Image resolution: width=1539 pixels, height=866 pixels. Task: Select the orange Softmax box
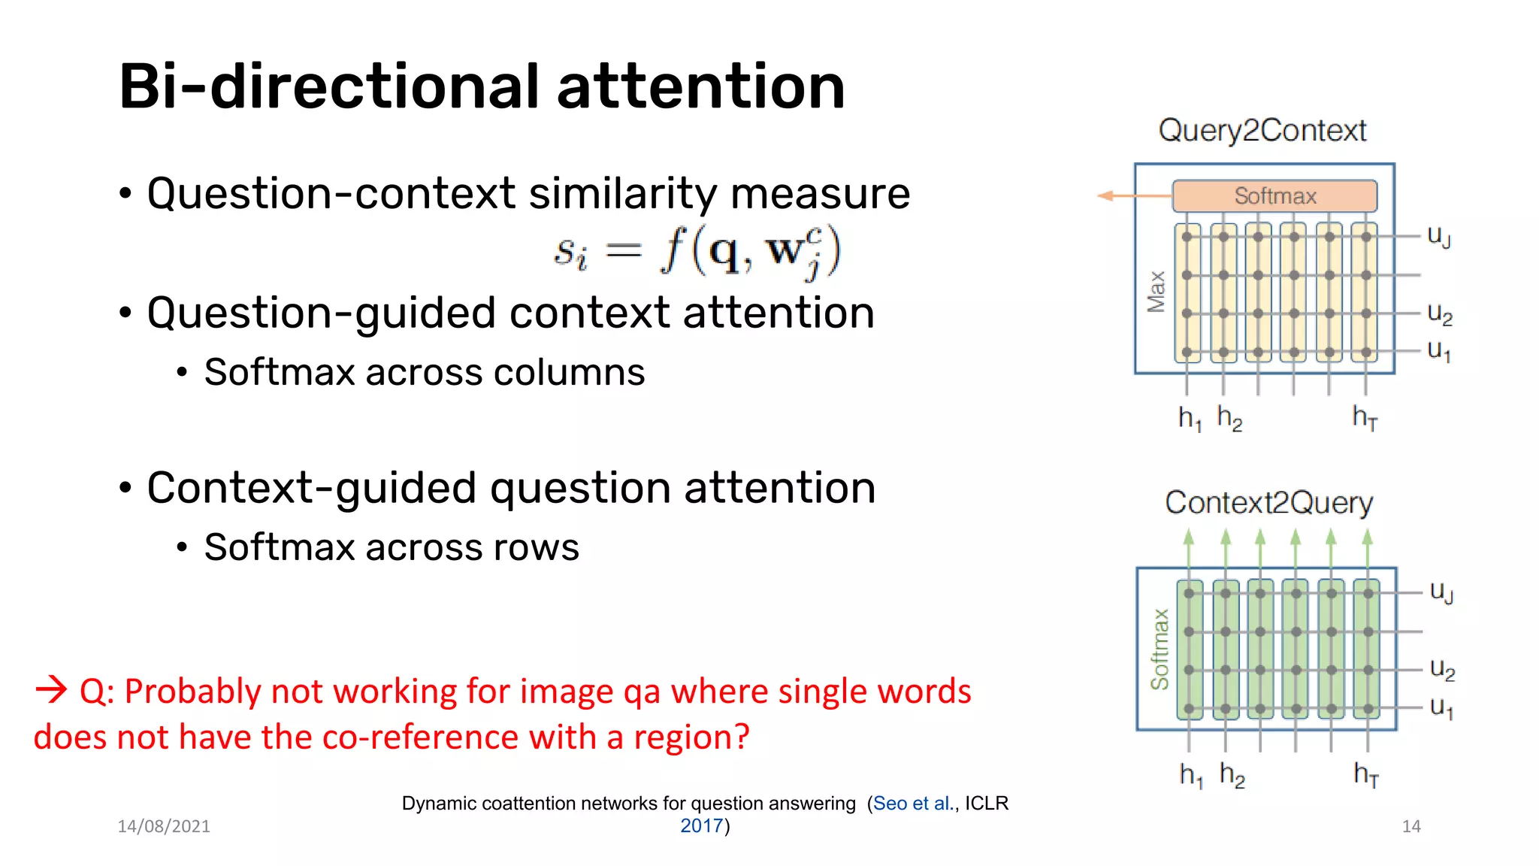1274,196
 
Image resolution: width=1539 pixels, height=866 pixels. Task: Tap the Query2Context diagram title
1262,131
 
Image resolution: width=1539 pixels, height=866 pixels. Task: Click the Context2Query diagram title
1268,503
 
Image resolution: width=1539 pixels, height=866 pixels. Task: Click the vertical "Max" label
1156,292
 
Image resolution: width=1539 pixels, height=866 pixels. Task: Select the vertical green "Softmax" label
1160,649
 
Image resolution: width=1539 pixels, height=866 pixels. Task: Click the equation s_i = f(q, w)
697,251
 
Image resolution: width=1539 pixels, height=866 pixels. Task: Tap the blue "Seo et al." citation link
913,804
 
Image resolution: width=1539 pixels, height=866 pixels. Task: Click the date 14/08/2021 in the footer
164,826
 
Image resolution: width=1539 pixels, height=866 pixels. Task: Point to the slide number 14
1410,826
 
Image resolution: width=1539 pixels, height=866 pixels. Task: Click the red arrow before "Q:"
51,689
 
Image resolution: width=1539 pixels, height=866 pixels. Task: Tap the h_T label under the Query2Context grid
1365,416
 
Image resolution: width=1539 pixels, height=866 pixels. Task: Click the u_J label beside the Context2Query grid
1441,592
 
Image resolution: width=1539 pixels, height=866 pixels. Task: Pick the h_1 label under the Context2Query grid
1191,774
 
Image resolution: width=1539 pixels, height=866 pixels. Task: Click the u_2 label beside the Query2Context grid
1439,313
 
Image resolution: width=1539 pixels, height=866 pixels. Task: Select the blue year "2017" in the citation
701,826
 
